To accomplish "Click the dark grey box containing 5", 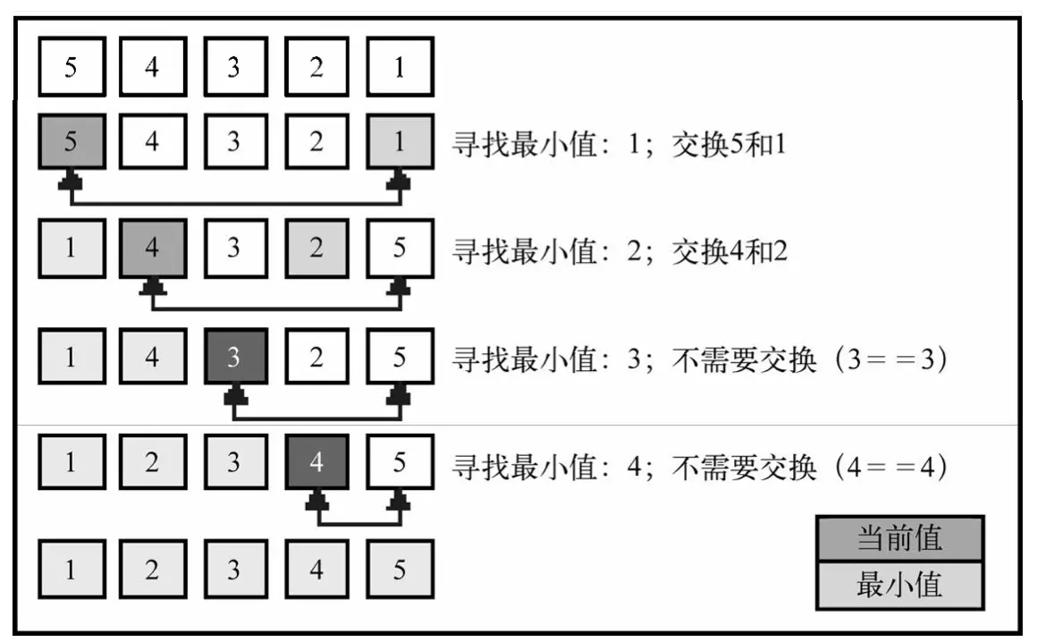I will click(71, 141).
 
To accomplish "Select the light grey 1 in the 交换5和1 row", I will click(400, 141).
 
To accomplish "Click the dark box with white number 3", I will click(234, 358).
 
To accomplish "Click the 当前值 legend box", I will click(899, 537).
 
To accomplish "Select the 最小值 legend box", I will click(899, 586).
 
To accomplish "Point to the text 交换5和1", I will click(729, 143).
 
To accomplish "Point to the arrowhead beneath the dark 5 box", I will click(71, 182).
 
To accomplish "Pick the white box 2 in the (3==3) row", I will click(316, 358).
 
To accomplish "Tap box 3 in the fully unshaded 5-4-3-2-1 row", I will click(234, 67).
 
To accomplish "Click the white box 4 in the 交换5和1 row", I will click(152, 141).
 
